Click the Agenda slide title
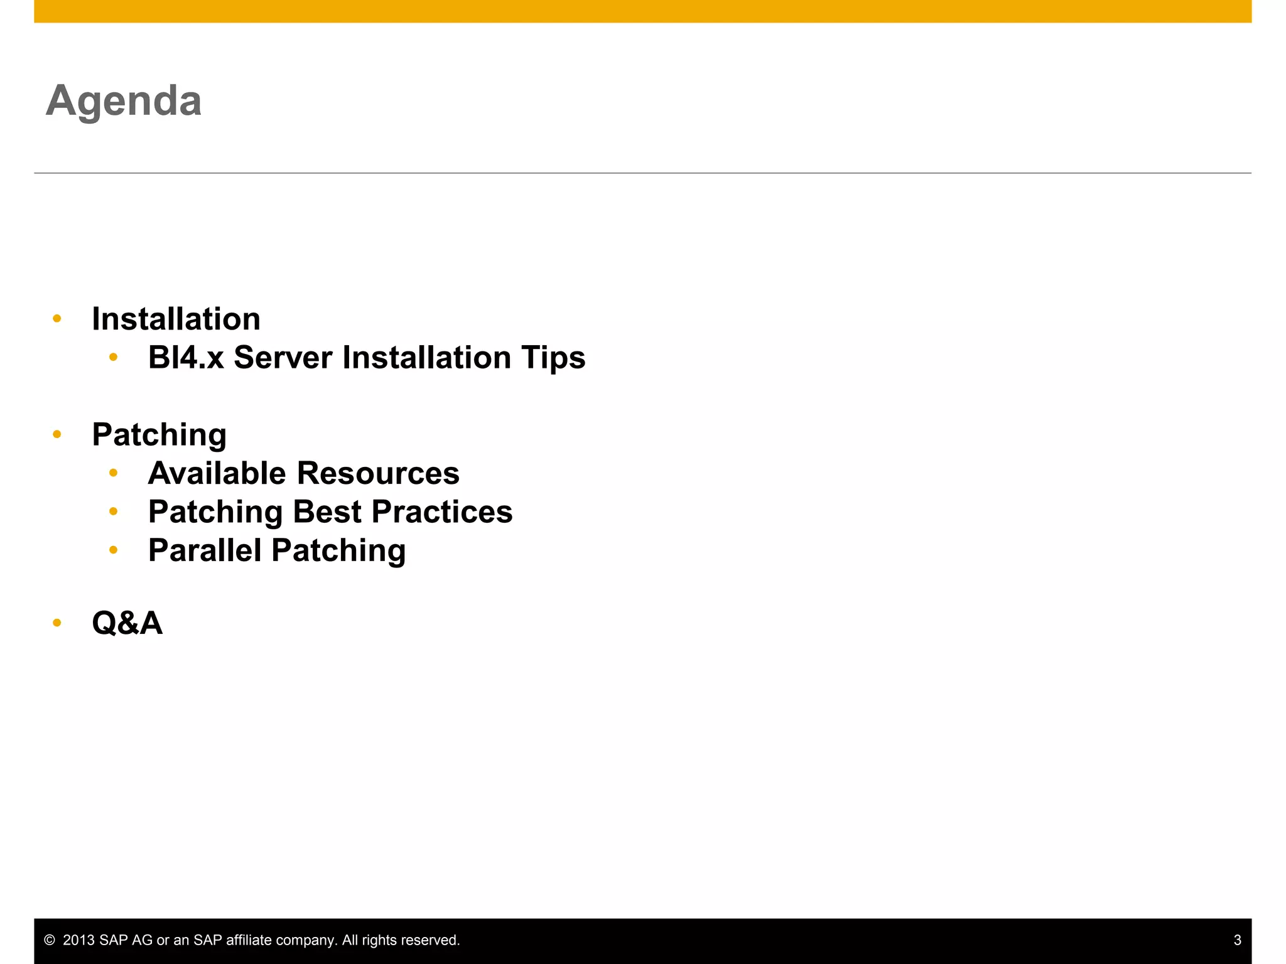(124, 100)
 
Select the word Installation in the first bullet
(176, 319)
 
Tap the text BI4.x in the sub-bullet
(186, 358)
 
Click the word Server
(283, 358)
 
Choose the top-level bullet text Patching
(159, 435)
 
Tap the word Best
(327, 511)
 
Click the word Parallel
(205, 550)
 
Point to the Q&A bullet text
(127, 623)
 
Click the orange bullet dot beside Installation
(57, 319)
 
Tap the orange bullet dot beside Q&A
(57, 623)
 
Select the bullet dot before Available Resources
(113, 473)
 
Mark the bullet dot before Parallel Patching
(113, 550)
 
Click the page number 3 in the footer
(1237, 940)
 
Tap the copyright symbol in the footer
(50, 940)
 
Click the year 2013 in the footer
(79, 940)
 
